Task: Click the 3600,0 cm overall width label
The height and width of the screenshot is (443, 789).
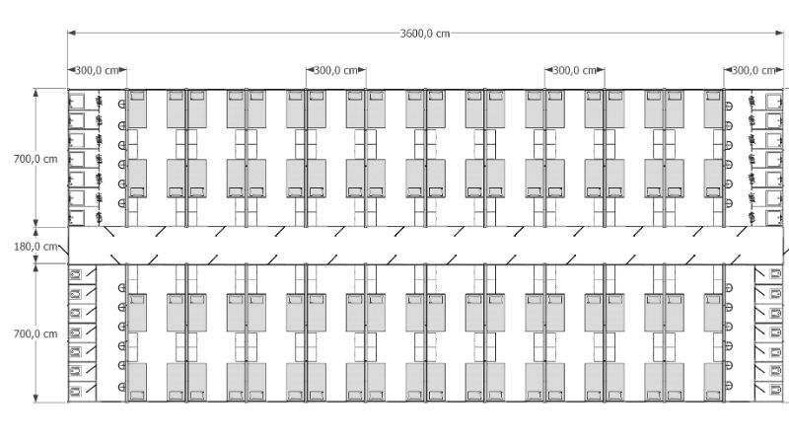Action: coord(425,34)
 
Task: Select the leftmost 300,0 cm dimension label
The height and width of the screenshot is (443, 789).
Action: coord(97,70)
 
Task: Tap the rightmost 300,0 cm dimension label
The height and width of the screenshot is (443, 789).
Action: coord(753,70)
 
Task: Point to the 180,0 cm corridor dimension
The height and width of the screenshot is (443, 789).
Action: coord(36,247)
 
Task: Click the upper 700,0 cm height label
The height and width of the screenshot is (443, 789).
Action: coord(36,159)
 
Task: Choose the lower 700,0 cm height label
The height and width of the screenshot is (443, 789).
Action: coord(36,333)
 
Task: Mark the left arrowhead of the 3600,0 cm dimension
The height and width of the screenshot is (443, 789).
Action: coord(71,34)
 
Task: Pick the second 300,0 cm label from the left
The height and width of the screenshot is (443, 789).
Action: coord(335,70)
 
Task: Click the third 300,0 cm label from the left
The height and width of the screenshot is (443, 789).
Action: coord(575,70)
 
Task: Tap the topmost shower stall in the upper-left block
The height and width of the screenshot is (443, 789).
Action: coord(77,102)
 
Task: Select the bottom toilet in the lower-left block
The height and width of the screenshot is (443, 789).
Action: coord(76,391)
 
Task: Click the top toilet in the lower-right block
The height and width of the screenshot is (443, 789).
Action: coord(775,274)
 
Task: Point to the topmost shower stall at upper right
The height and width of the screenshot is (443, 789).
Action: coord(774,101)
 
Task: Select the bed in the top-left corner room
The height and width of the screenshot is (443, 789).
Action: coord(137,109)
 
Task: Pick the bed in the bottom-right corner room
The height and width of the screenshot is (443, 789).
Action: coord(713,382)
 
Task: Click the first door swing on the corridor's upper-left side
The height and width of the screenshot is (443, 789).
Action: coord(108,232)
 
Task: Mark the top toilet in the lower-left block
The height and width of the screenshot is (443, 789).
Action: coord(76,274)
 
